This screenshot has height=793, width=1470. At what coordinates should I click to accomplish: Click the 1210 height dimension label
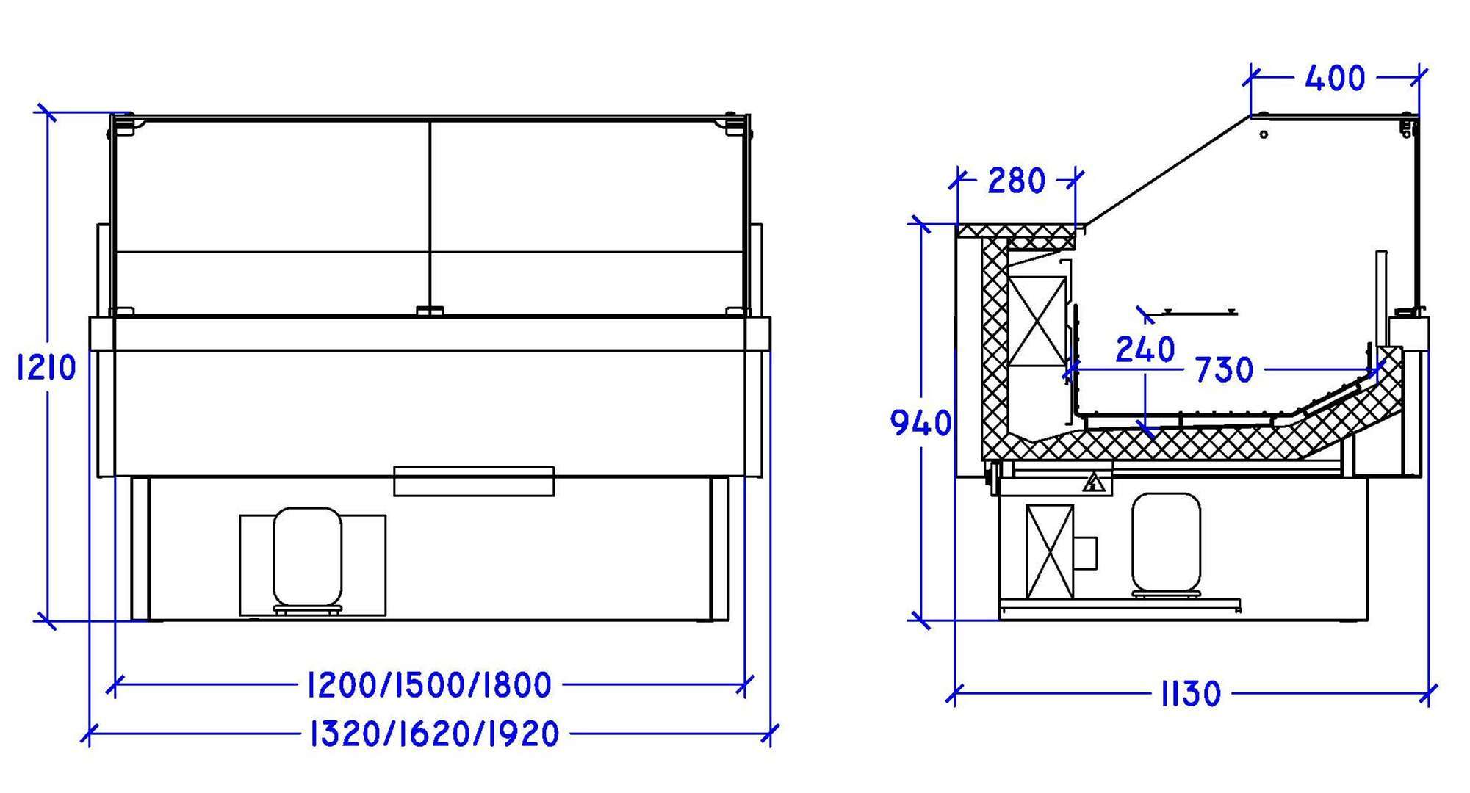46,367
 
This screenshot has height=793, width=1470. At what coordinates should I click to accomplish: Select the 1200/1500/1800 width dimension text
429,685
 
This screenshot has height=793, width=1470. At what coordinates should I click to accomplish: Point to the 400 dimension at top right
1335,78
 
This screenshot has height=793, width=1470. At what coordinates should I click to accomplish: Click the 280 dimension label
1016,181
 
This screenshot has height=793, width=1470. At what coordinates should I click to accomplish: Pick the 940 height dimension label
920,423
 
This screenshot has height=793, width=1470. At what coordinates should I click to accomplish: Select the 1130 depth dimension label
1191,693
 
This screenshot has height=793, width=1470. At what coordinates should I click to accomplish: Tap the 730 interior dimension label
1224,370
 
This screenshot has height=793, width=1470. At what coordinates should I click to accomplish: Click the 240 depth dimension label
1145,350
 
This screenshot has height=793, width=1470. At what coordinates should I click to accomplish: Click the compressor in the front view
307,558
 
